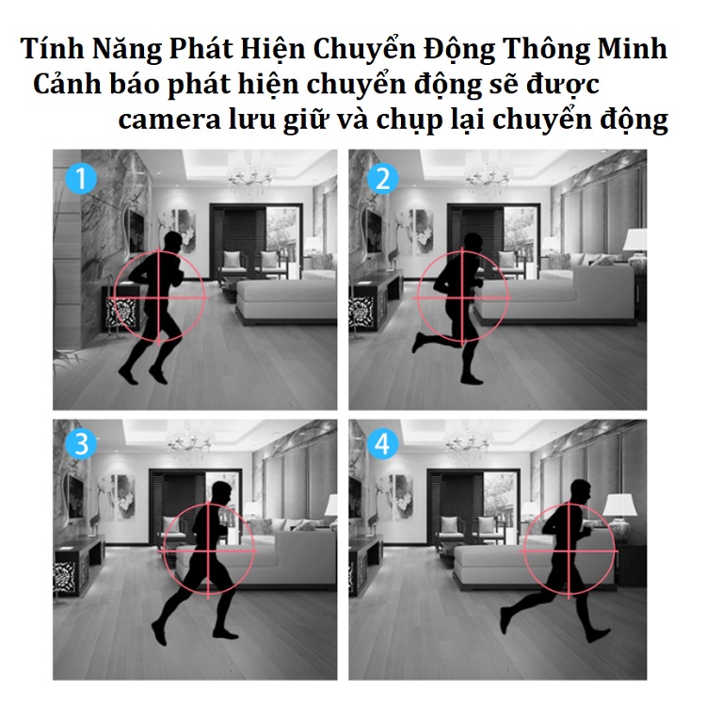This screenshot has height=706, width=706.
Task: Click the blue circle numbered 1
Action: coord(81,179)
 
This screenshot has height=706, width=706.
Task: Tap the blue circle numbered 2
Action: coord(383,179)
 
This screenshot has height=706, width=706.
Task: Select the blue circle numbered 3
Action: coord(81,443)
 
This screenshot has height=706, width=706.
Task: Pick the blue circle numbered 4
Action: coord(383,443)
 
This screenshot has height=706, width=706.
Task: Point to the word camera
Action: coord(169,120)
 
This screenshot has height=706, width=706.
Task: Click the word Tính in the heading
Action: coord(52,48)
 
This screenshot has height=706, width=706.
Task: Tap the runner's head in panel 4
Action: coord(581,490)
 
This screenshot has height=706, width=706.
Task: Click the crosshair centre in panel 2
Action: coord(463,297)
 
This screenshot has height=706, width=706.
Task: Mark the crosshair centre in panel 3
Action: coord(208,551)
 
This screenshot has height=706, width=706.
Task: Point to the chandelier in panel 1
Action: coord(249,177)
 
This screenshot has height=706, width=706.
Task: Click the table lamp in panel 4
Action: coord(620,518)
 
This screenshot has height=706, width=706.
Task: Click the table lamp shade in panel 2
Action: coord(634,240)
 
